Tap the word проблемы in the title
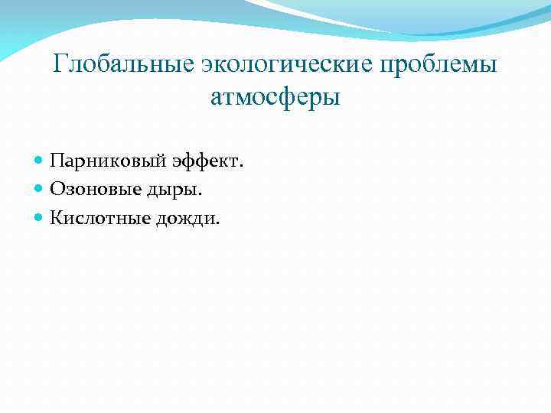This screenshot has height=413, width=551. pyautogui.click(x=442, y=64)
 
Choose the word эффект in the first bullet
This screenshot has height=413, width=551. pyautogui.click(x=209, y=161)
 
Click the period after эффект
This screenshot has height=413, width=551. pyautogui.click(x=241, y=167)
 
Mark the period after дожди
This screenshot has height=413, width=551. pyautogui.click(x=217, y=225)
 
